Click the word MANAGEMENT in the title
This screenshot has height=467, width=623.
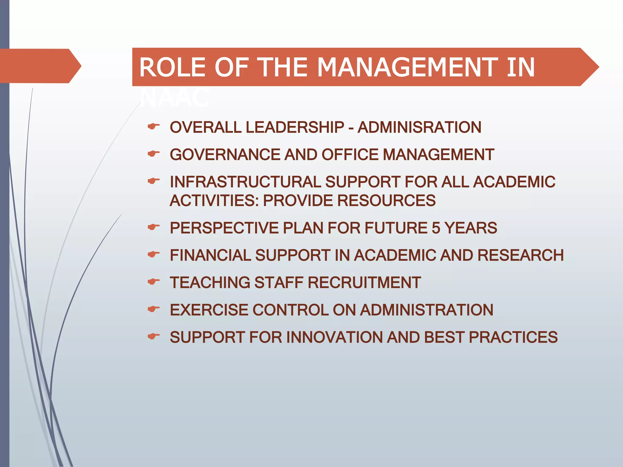point(407,67)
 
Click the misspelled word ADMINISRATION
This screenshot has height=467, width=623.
point(419,127)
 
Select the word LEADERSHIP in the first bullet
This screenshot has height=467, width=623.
point(295,127)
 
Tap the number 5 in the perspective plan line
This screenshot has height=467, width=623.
point(436,228)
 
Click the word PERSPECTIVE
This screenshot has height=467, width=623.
point(224,228)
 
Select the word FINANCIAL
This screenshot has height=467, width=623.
point(210,255)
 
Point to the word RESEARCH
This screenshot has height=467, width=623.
point(520,255)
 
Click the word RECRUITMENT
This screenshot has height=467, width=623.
point(364,282)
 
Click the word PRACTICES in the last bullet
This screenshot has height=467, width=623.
point(513,337)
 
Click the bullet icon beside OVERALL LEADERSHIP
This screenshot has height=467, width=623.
point(153,126)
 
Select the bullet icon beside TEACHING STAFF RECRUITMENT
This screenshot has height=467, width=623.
point(153,282)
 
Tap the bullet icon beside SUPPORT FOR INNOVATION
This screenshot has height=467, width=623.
point(153,336)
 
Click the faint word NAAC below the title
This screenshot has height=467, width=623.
point(175,98)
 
